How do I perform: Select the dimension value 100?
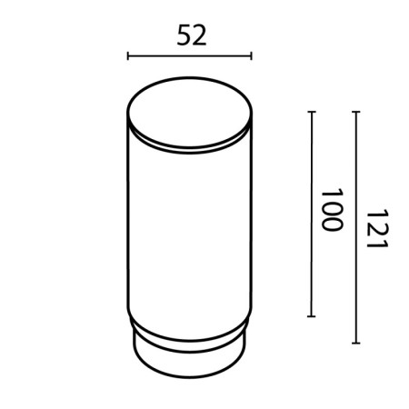coord(331,210)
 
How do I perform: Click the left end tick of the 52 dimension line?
coord(127,56)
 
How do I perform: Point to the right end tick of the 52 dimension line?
coord(250,56)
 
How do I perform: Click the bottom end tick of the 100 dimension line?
coord(312,316)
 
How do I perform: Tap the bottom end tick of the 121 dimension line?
coord(355,344)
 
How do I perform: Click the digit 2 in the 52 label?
coord(199,35)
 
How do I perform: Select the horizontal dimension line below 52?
coord(188,56)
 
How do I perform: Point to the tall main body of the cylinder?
coord(188,227)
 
